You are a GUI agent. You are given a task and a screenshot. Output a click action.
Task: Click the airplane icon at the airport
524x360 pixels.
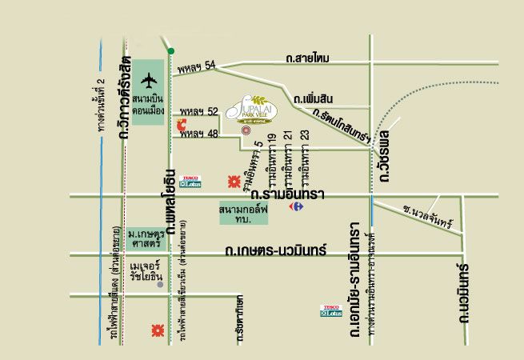[x=150, y=80]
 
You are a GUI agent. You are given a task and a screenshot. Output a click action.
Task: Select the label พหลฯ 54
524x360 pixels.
[x=198, y=68]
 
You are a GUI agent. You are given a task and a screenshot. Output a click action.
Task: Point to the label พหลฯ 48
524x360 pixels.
[x=198, y=134]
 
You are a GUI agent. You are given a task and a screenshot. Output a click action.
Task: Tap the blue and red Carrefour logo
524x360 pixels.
[x=296, y=206]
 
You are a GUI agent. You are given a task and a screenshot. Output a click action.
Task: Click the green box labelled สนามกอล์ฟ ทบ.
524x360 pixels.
[x=246, y=214]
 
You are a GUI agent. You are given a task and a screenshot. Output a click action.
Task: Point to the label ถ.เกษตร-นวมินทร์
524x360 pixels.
[x=276, y=250]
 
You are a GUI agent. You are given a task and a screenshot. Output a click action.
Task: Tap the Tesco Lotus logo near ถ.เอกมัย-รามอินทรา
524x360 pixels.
[x=331, y=310]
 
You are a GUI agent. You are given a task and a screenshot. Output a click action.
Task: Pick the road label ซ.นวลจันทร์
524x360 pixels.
[x=428, y=215]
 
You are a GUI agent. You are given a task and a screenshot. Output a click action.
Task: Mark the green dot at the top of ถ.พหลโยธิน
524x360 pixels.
[x=170, y=51]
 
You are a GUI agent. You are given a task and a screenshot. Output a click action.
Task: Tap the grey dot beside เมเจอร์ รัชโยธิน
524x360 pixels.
[x=160, y=284]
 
